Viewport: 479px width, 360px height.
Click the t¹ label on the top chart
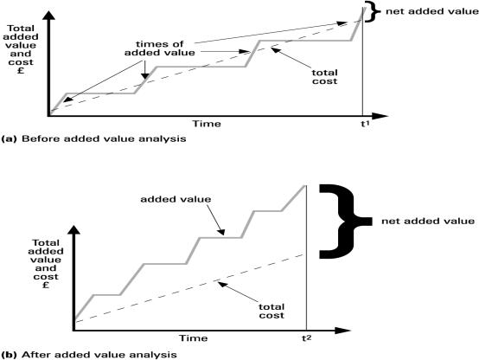(x=365, y=124)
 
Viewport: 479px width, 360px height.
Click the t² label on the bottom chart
(x=307, y=338)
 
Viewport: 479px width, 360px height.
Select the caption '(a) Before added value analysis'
(x=93, y=138)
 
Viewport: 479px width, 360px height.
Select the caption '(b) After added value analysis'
(x=89, y=355)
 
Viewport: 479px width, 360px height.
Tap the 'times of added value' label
(x=159, y=48)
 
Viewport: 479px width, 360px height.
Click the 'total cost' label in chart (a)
(x=325, y=77)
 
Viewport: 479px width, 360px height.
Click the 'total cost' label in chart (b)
(x=271, y=311)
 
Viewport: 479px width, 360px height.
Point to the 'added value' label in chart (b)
(x=176, y=199)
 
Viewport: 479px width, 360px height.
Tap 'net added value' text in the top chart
(x=432, y=11)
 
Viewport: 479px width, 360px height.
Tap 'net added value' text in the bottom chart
(x=428, y=222)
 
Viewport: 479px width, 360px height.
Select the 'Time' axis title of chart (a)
(x=207, y=124)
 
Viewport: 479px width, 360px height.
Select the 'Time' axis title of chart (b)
(x=193, y=338)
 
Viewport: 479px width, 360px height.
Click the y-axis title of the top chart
(x=21, y=49)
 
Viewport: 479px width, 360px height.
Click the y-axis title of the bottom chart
(x=46, y=264)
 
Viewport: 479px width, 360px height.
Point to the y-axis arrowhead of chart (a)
(x=48, y=15)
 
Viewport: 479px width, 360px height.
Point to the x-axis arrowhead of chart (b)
(x=342, y=331)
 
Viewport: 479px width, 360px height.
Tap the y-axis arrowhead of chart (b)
(x=73, y=229)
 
